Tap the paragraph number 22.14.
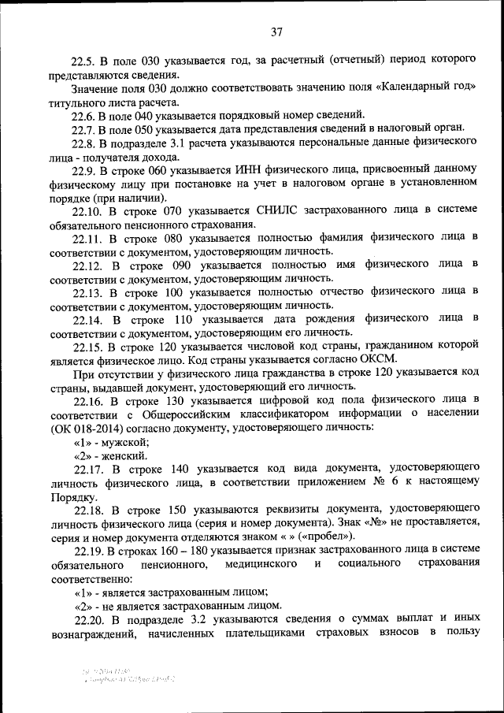click(91, 319)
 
